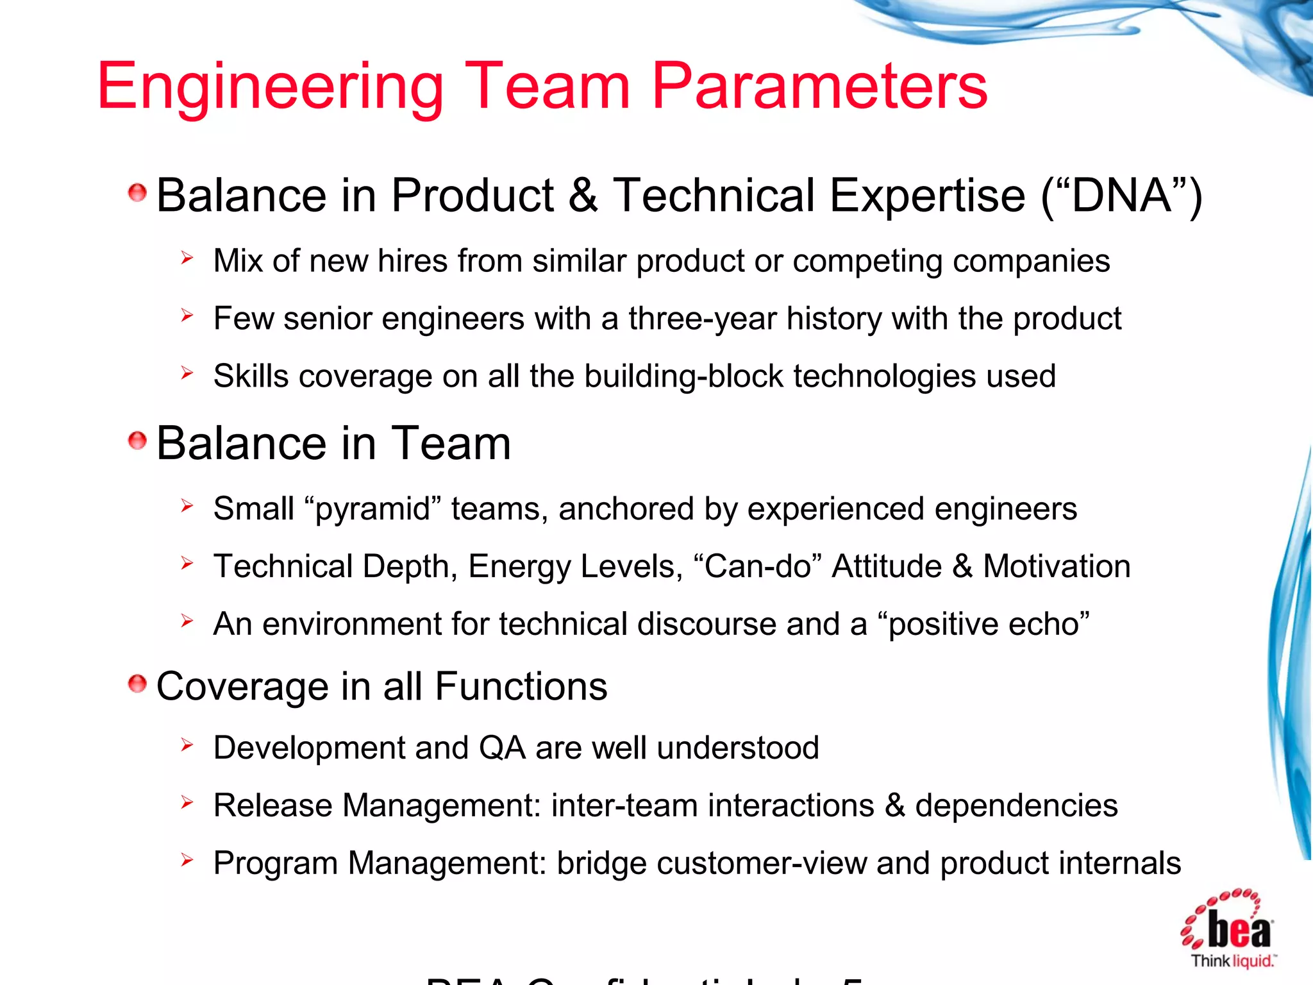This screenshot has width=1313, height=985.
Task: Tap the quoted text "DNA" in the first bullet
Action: [x=1121, y=196]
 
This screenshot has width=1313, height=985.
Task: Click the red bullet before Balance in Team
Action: [x=137, y=441]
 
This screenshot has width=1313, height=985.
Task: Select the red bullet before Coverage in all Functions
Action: [x=137, y=684]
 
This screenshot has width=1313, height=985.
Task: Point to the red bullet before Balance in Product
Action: [x=137, y=192]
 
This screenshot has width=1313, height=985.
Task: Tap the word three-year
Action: [x=702, y=319]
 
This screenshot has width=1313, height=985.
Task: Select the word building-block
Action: [x=683, y=376]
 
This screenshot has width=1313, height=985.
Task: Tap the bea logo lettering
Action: [x=1238, y=929]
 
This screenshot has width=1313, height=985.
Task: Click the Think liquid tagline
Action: [x=1232, y=961]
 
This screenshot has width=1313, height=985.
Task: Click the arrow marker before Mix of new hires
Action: [x=187, y=258]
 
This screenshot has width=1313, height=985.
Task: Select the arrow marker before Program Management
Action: [x=187, y=860]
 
